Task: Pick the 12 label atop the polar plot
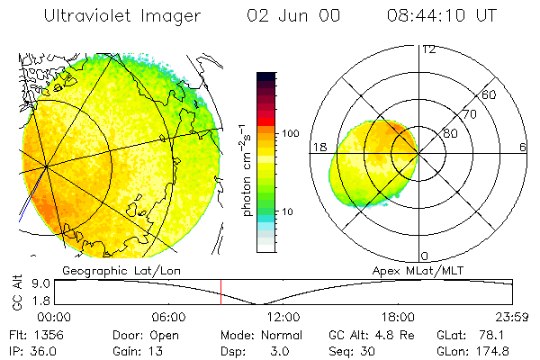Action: click(428, 49)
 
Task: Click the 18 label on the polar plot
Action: click(319, 147)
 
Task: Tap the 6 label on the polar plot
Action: click(522, 147)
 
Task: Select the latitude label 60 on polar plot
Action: click(490, 94)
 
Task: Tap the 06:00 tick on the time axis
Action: click(168, 317)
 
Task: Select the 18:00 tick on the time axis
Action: click(398, 317)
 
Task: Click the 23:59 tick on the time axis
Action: click(513, 317)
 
